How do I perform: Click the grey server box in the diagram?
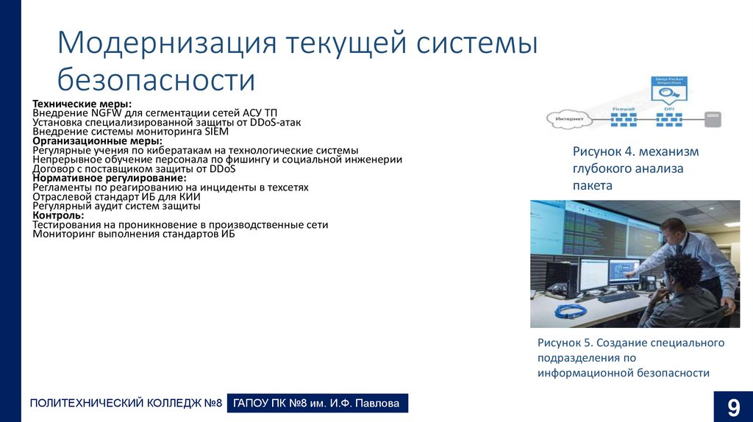712,119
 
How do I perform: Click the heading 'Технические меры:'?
82,104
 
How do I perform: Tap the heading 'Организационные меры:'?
97,141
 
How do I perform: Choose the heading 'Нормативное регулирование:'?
110,179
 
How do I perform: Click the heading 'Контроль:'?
59,215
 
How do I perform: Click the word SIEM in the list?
216,132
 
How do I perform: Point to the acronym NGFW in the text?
107,114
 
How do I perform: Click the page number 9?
733,406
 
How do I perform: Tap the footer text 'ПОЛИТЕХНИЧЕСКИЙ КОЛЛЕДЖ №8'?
126,404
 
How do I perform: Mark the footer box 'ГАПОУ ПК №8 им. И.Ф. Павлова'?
318,404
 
